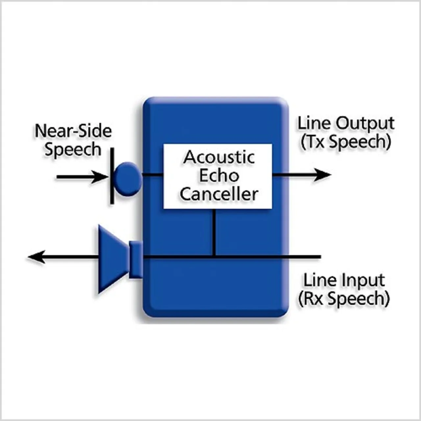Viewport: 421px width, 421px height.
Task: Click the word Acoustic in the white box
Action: point(219,157)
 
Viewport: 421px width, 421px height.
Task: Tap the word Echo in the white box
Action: point(219,176)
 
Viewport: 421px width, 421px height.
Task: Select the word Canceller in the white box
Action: point(219,194)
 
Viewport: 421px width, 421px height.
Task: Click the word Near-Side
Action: point(73,131)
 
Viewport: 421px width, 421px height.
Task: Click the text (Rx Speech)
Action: point(344,299)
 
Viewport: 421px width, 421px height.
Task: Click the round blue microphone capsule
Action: point(128,179)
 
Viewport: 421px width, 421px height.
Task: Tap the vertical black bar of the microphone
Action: point(112,176)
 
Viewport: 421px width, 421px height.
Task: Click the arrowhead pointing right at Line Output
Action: point(323,175)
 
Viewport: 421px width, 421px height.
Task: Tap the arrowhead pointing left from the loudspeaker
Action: point(36,257)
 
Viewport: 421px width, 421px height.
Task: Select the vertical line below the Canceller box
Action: point(215,232)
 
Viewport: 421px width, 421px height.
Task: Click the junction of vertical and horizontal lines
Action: point(215,257)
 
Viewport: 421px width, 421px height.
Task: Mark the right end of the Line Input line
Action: point(321,257)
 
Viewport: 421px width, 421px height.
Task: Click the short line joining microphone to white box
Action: point(153,175)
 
